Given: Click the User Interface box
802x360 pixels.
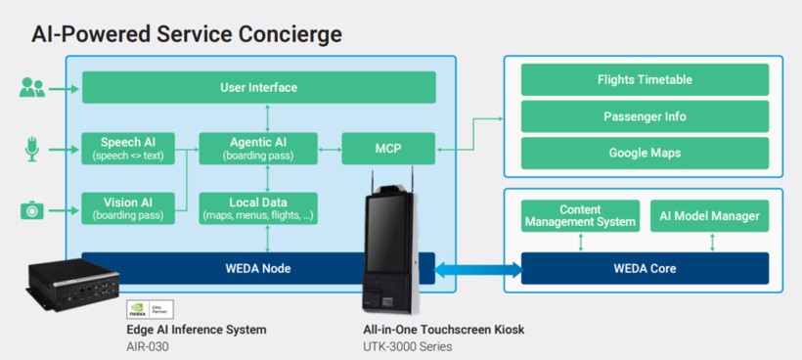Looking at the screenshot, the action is (259, 87).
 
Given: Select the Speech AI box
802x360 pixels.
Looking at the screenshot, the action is (128, 149).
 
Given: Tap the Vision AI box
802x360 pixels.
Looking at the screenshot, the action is (128, 208).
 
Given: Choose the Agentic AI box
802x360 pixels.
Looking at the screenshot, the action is (258, 149).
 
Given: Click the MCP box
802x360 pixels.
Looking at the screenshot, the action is (388, 149).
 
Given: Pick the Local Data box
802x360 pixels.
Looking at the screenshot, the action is (258, 208).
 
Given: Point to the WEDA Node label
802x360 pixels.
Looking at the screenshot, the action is (258, 268).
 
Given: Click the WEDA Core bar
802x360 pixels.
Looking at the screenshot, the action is (645, 268).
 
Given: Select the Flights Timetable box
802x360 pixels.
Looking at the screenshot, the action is (645, 80).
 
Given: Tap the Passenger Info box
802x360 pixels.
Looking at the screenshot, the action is (645, 116).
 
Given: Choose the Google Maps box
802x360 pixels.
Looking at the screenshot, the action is (645, 153).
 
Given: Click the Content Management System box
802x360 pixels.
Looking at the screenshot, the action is (581, 216).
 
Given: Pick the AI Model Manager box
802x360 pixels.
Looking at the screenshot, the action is (710, 216).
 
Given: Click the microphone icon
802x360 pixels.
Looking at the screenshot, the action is (32, 149).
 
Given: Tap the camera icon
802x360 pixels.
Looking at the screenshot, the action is (32, 210).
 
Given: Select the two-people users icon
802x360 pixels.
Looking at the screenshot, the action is (32, 87).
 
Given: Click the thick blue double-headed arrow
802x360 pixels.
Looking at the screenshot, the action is (477, 268).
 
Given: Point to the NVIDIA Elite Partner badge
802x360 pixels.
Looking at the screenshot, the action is (150, 309).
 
